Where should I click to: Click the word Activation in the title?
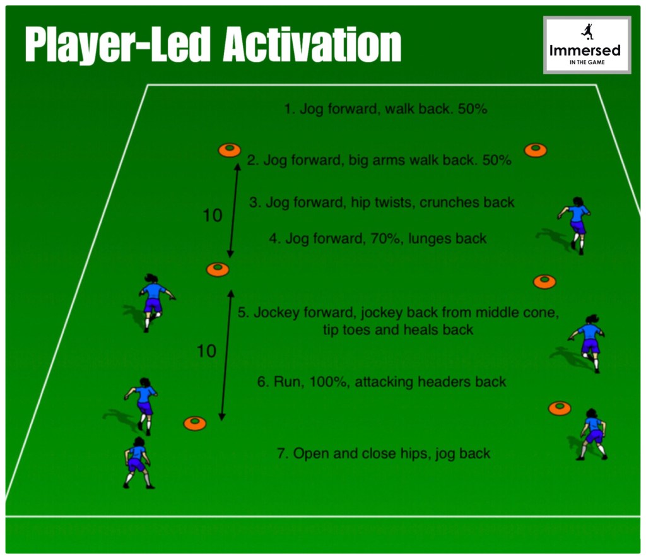coord(312,45)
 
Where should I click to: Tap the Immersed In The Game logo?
coord(587,45)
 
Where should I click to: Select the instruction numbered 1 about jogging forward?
coord(385,109)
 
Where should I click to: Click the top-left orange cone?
coord(230,150)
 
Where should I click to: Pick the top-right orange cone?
coord(535,150)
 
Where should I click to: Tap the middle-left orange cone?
coord(218,269)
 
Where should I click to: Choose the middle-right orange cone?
coord(544,282)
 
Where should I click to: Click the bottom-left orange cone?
coord(195,423)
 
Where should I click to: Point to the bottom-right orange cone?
coord(560,408)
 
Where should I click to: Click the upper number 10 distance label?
coord(213,215)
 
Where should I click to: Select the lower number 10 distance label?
coord(206,351)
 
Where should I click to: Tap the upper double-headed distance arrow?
coord(234,210)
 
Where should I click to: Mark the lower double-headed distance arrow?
coord(226,355)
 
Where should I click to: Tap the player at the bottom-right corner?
coord(593,434)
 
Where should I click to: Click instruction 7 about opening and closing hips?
coord(384,454)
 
